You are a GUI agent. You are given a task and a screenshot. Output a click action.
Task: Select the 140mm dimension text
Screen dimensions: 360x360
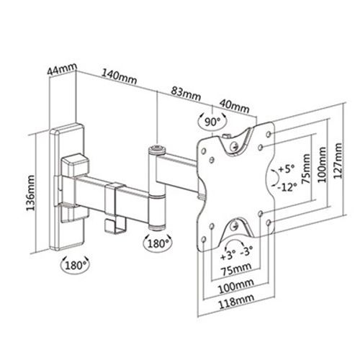[119, 76]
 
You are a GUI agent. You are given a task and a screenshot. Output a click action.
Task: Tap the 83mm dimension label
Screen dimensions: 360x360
[186, 94]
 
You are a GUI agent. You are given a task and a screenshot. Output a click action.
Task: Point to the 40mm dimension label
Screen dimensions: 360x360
[235, 107]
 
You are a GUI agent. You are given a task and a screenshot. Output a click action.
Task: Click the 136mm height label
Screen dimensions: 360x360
[30, 193]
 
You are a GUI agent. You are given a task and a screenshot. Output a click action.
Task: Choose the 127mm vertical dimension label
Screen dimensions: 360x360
[338, 161]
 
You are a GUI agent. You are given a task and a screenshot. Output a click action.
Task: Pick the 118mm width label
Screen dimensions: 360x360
[236, 301]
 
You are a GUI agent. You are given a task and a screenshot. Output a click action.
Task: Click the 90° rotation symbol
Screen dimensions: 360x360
[212, 122]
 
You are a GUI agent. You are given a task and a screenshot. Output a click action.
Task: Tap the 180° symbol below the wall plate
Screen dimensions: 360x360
[75, 266]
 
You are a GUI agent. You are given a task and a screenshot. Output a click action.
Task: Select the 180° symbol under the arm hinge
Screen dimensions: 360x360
[158, 243]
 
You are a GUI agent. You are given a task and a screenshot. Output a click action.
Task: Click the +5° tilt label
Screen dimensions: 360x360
[286, 169]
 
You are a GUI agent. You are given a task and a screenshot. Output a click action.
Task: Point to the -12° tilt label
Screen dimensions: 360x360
[287, 186]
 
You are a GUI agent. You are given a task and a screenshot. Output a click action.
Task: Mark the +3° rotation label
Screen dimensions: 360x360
[227, 256]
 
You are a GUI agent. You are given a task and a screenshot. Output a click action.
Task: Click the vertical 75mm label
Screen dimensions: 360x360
[305, 169]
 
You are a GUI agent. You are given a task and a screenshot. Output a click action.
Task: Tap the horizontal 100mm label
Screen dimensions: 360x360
[235, 287]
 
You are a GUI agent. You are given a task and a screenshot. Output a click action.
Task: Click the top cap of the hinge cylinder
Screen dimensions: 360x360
[157, 150]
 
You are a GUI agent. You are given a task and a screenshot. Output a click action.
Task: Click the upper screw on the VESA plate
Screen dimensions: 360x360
[233, 145]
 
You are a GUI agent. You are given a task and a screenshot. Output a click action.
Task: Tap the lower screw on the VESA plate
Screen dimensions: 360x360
[234, 225]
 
